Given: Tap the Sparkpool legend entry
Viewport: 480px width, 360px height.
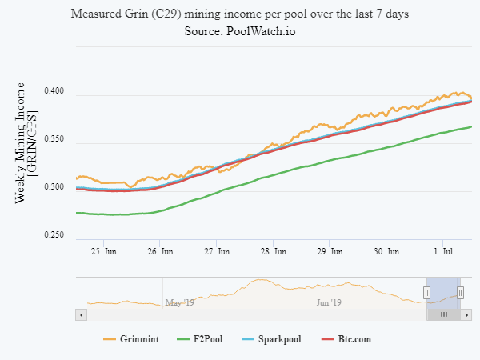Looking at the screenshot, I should pyautogui.click(x=271, y=339).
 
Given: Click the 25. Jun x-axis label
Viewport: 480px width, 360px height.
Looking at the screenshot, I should pyautogui.click(x=105, y=251).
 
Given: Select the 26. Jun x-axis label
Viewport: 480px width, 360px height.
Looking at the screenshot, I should pyautogui.click(x=161, y=251).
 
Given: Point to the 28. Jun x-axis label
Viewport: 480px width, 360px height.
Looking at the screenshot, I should pyautogui.click(x=274, y=251).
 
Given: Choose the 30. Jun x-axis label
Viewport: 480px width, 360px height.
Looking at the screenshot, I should pyautogui.click(x=386, y=251).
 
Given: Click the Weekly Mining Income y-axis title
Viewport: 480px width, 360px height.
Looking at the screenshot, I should pyautogui.click(x=26, y=142).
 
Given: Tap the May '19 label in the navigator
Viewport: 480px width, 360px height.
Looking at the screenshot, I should pyautogui.click(x=179, y=303).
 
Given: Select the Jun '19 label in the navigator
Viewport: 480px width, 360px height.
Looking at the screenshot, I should pyautogui.click(x=330, y=303).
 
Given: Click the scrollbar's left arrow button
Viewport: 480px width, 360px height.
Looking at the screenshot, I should pyautogui.click(x=80, y=315).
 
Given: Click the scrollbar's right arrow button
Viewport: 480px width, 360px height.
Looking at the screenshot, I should pyautogui.click(x=466, y=315).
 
